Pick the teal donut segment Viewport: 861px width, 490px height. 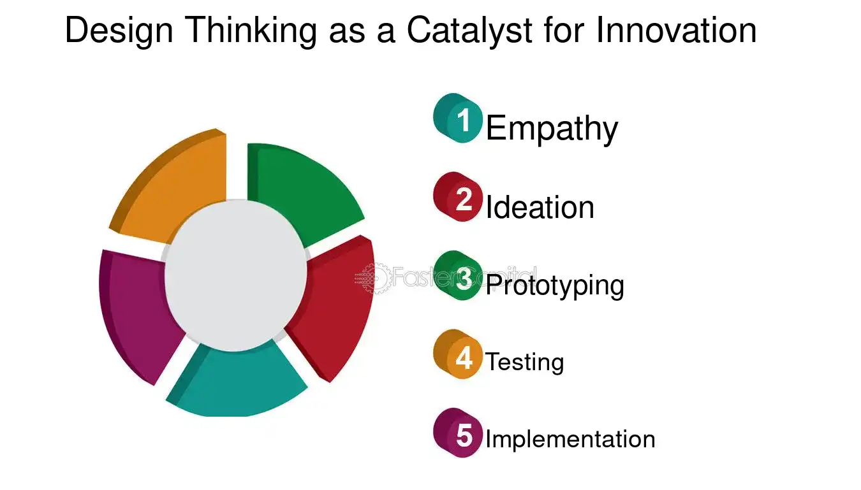(x=235, y=384)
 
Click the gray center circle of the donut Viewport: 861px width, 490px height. (x=235, y=275)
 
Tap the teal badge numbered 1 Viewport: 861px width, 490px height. (x=457, y=118)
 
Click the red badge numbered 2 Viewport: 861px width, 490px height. (x=457, y=197)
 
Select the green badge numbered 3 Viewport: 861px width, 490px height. (x=457, y=275)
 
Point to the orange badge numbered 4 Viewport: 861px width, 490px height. (x=457, y=354)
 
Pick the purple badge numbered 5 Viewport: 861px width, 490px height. (x=457, y=433)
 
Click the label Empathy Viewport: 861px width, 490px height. (x=552, y=129)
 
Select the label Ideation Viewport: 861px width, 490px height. (x=540, y=206)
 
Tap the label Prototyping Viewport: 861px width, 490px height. (x=555, y=286)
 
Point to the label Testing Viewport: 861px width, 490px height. (x=525, y=362)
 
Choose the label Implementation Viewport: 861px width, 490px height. (x=570, y=439)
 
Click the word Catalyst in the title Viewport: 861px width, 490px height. (x=469, y=31)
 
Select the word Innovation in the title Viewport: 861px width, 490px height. (x=676, y=30)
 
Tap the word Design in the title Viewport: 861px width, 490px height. (x=119, y=31)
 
